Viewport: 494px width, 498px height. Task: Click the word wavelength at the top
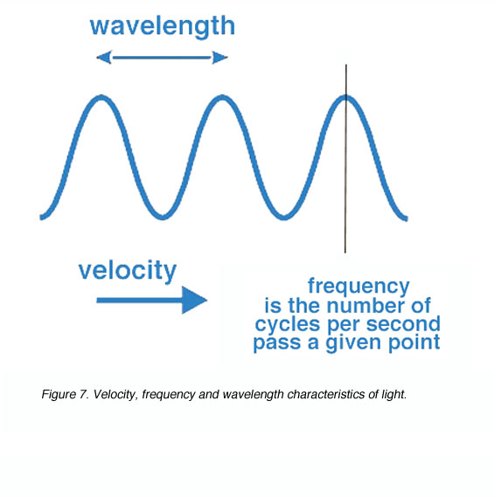[x=163, y=27]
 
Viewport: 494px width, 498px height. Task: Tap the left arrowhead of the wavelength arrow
[x=104, y=58]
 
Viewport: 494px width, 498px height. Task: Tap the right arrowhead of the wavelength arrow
[x=220, y=58]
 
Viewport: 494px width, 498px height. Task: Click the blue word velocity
[x=127, y=271]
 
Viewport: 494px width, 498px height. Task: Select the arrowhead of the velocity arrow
[x=194, y=301]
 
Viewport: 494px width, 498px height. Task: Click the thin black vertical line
[x=346, y=159]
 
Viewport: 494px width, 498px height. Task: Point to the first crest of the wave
[x=101, y=97]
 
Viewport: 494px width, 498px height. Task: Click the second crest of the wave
[x=221, y=97]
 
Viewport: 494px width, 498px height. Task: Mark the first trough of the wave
[x=163, y=218]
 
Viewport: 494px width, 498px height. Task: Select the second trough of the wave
[x=284, y=218]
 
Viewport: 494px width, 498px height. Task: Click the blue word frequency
[x=358, y=287]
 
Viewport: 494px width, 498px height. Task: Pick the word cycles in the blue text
[x=288, y=325]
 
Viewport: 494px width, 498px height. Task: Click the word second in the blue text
[x=403, y=324]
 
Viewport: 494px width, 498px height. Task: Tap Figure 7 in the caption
[x=65, y=394]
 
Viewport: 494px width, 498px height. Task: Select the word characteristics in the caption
[x=326, y=394]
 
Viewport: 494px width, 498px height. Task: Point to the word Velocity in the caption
[x=114, y=395]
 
